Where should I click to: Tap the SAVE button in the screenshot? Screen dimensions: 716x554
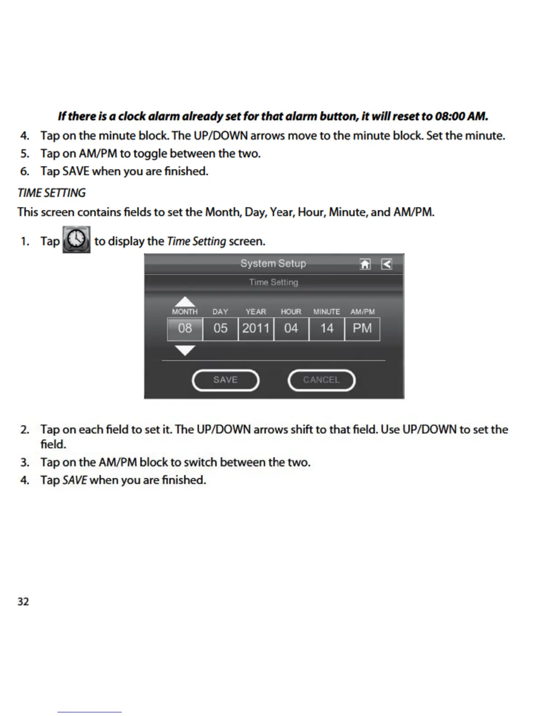click(225, 380)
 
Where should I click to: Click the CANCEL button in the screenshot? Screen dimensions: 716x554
click(321, 380)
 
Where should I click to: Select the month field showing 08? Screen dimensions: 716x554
click(185, 329)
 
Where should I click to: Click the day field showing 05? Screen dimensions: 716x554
click(220, 329)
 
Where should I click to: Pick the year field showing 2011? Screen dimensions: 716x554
click(256, 329)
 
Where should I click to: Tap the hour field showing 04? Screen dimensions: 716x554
click(291, 329)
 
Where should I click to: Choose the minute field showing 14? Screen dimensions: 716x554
click(327, 329)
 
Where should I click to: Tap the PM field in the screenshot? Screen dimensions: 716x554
click(362, 329)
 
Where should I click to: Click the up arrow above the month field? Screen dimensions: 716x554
click(185, 301)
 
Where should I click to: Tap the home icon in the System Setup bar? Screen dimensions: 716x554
click(365, 264)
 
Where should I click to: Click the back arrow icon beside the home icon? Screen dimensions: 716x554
click(387, 264)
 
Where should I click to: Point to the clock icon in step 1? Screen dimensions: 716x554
click(76, 240)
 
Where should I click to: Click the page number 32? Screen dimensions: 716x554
click(23, 602)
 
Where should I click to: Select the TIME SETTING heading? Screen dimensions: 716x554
click(52, 193)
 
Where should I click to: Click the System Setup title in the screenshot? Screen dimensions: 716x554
click(273, 264)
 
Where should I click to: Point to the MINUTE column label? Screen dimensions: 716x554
click(326, 312)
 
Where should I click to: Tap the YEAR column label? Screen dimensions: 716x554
click(256, 312)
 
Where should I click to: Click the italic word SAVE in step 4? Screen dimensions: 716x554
click(74, 480)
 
